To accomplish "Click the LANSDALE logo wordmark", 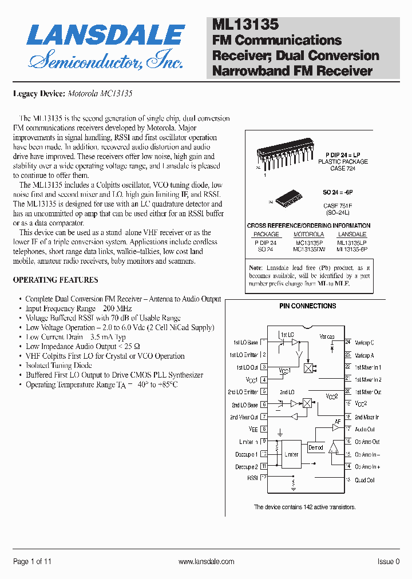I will point(106,35).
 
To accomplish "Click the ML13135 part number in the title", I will point(245,25).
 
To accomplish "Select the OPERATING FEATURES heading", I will point(56,280).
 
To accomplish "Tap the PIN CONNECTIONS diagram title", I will point(308,306).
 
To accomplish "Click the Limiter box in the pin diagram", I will point(292,454).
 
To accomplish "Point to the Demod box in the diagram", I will point(315,447).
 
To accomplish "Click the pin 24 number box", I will point(347,342).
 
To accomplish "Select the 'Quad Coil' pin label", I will point(365,481).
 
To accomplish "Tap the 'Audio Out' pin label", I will point(365,430).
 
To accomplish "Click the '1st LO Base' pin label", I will point(245,343).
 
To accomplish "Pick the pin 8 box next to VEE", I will point(264,429).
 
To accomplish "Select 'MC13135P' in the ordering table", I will point(308,243).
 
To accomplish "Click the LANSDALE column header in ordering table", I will point(352,235).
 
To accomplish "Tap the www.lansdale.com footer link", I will point(207,562).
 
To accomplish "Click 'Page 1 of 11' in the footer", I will point(32,562).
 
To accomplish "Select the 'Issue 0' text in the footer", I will point(389,562).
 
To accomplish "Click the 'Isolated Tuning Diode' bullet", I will point(59,366).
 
